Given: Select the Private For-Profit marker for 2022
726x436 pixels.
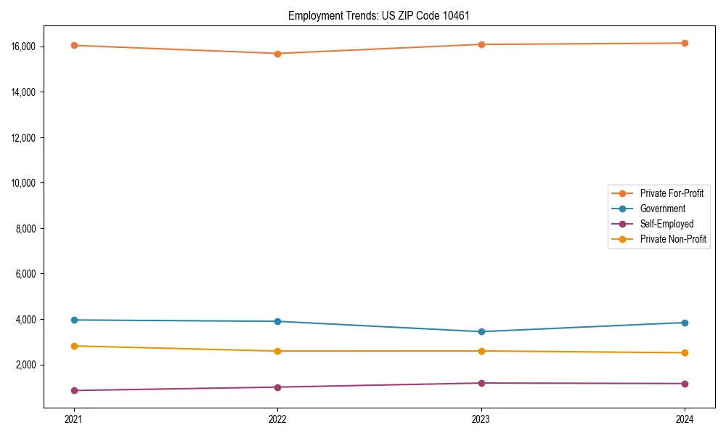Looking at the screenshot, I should [x=277, y=54].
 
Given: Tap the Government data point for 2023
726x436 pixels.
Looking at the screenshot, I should [x=481, y=332].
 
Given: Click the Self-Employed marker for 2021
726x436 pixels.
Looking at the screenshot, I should [x=73, y=391].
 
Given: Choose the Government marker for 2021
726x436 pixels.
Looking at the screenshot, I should [x=73, y=320].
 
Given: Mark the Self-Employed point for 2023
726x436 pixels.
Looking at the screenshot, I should [x=481, y=383].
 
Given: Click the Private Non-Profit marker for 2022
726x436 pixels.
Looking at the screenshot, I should [x=277, y=352].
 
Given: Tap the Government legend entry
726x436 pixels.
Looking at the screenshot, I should [x=662, y=209].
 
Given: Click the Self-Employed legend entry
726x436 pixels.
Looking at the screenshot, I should [x=666, y=224].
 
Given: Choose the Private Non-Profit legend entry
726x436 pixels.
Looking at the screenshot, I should [x=673, y=239].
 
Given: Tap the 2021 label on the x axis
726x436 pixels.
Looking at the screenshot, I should [x=73, y=419].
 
